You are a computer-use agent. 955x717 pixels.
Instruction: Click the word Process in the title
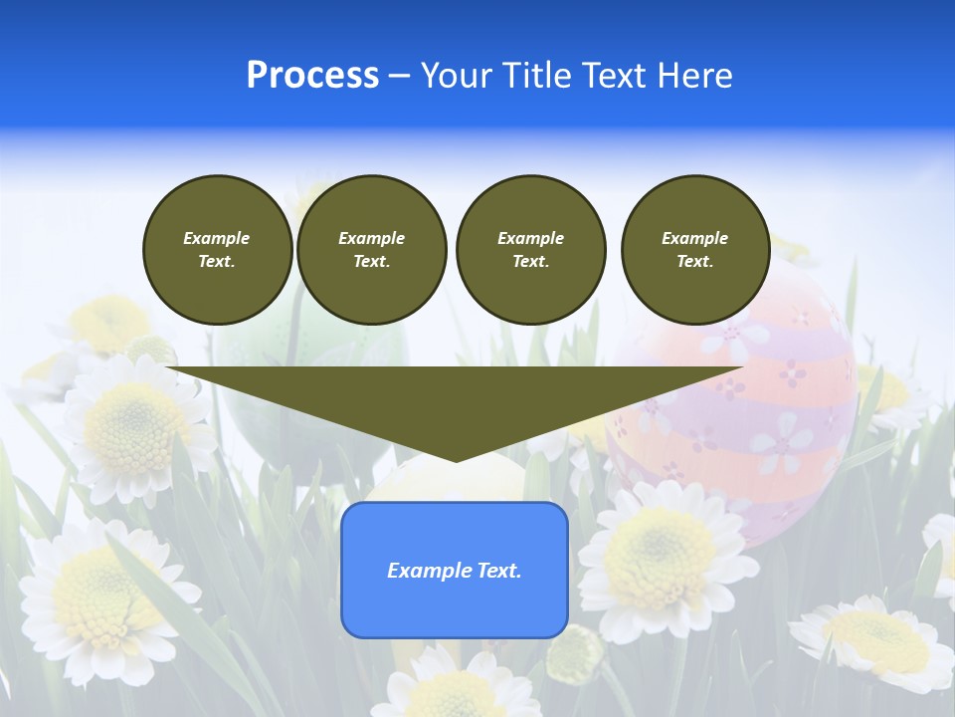tap(312, 76)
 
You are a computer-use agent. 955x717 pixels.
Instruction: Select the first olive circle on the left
tap(217, 249)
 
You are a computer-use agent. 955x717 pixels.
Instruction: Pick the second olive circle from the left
tap(371, 249)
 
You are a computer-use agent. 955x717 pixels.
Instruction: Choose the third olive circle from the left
tap(530, 249)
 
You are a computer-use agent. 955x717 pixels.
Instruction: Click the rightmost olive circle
tap(695, 249)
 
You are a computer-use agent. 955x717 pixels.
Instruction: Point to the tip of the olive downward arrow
tap(456, 459)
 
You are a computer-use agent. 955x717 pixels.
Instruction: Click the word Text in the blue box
tap(497, 571)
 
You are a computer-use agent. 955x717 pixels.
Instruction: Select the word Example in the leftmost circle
tap(217, 238)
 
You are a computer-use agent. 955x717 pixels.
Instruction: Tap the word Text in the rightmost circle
tap(694, 261)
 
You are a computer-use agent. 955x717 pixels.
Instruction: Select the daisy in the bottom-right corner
tap(875, 637)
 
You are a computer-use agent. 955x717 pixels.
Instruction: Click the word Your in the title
tap(456, 76)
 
